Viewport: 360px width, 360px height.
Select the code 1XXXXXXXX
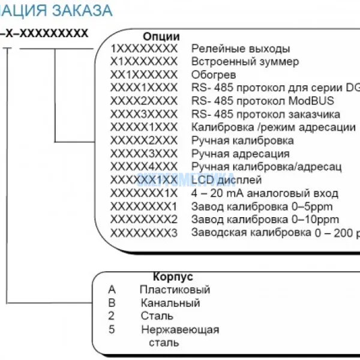click(x=144, y=48)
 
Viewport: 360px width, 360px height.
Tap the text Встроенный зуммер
click(x=245, y=61)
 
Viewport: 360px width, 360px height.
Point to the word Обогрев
click(x=213, y=74)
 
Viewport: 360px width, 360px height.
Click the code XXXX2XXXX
click(x=144, y=101)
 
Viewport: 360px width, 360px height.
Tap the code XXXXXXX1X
click(x=144, y=193)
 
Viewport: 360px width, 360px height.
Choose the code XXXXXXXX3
click(x=144, y=233)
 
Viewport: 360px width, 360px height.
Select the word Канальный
click(x=170, y=304)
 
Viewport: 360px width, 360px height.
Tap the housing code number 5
click(x=112, y=329)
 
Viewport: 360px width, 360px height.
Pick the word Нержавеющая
click(x=181, y=330)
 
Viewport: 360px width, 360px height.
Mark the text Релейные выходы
click(x=240, y=48)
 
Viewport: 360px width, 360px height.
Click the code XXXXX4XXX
click(x=144, y=167)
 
